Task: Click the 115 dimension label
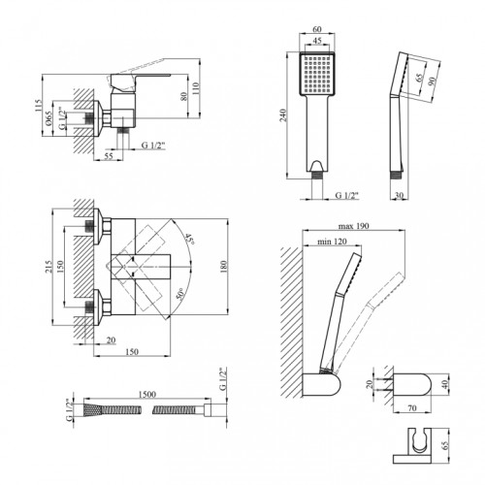39,106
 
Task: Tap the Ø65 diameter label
48,118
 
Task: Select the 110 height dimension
196,87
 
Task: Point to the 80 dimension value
183,96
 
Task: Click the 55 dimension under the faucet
109,155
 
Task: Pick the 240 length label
282,115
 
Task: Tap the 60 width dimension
317,29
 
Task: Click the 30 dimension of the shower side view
400,195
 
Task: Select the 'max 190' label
353,226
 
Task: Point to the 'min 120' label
332,242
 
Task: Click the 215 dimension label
48,267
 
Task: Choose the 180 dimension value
224,266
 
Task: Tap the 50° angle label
180,294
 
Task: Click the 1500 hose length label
147,394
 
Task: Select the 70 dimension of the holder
412,408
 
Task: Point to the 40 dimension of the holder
445,384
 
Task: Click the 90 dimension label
432,81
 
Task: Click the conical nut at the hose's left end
93,410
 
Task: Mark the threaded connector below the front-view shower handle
317,175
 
